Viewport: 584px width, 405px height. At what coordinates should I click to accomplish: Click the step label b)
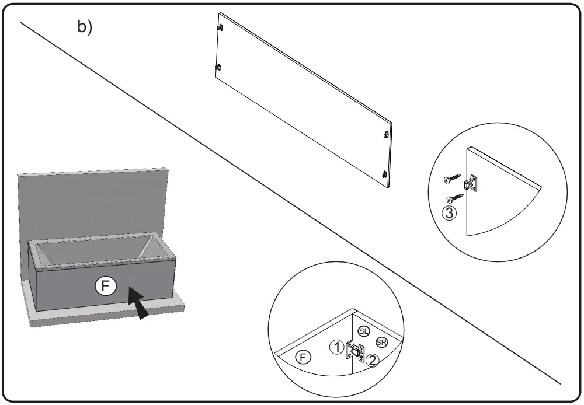[x=85, y=27]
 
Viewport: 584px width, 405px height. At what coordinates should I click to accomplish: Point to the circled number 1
[x=336, y=347]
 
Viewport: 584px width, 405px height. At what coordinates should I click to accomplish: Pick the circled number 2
[x=373, y=360]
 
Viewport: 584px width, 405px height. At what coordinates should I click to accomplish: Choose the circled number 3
[x=449, y=213]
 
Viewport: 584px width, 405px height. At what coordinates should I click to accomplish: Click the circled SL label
[x=364, y=331]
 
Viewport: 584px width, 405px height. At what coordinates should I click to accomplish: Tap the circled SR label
[x=381, y=342]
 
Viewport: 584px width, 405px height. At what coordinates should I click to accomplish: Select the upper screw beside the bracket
[x=452, y=177]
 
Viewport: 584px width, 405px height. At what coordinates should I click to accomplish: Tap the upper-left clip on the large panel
[x=220, y=27]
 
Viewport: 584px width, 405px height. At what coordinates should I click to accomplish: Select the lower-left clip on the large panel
[x=218, y=67]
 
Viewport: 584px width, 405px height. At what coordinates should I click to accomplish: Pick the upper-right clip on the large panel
[x=386, y=134]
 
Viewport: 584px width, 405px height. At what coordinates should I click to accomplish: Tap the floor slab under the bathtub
[x=105, y=315]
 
